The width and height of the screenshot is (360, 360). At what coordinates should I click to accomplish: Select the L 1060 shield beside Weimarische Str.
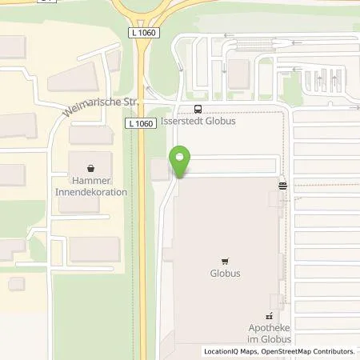(139, 122)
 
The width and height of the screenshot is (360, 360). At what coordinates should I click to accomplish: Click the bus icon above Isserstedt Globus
(198, 110)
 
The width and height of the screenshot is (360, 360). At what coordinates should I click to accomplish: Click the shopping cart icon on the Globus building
(225, 260)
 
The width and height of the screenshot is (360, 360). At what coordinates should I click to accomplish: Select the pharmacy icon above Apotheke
(269, 316)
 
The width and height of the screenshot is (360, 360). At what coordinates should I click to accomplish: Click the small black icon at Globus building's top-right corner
(282, 185)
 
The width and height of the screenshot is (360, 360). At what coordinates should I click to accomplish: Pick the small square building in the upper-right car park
(238, 74)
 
